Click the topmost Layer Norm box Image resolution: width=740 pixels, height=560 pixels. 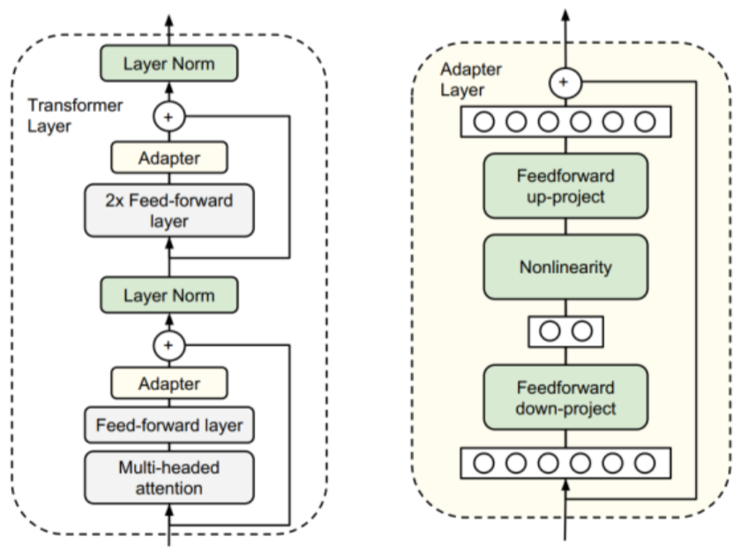click(x=169, y=64)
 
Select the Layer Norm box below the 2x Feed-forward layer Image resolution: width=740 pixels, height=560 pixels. click(x=169, y=295)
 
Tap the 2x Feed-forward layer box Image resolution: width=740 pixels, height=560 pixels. click(x=169, y=210)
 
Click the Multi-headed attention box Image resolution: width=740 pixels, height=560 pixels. click(x=169, y=478)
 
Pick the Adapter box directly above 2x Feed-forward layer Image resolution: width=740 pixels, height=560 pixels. click(x=169, y=158)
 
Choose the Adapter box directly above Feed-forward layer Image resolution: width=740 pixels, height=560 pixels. click(x=169, y=383)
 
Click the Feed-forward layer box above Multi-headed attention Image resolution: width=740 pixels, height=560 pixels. click(x=169, y=425)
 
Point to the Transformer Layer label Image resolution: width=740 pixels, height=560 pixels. click(x=75, y=116)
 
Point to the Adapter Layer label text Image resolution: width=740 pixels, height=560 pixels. click(x=470, y=79)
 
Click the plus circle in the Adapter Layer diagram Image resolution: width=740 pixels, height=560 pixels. click(x=565, y=83)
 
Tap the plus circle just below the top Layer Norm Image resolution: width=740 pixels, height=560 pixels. click(x=169, y=117)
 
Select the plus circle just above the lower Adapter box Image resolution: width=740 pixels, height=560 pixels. click(x=169, y=345)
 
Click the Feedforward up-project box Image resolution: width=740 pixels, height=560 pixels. click(x=565, y=185)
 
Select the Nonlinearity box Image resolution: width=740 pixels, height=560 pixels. click(x=565, y=267)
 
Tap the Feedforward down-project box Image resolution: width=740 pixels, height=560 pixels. click(x=565, y=397)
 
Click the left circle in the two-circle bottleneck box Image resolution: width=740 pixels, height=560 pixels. click(x=549, y=331)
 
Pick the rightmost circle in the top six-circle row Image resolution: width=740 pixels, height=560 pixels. click(x=645, y=122)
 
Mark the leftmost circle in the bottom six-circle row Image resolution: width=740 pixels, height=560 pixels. click(x=483, y=463)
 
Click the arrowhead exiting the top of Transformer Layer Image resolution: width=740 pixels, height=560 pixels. click(x=169, y=21)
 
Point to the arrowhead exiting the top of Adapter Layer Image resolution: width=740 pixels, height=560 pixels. click(x=565, y=14)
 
